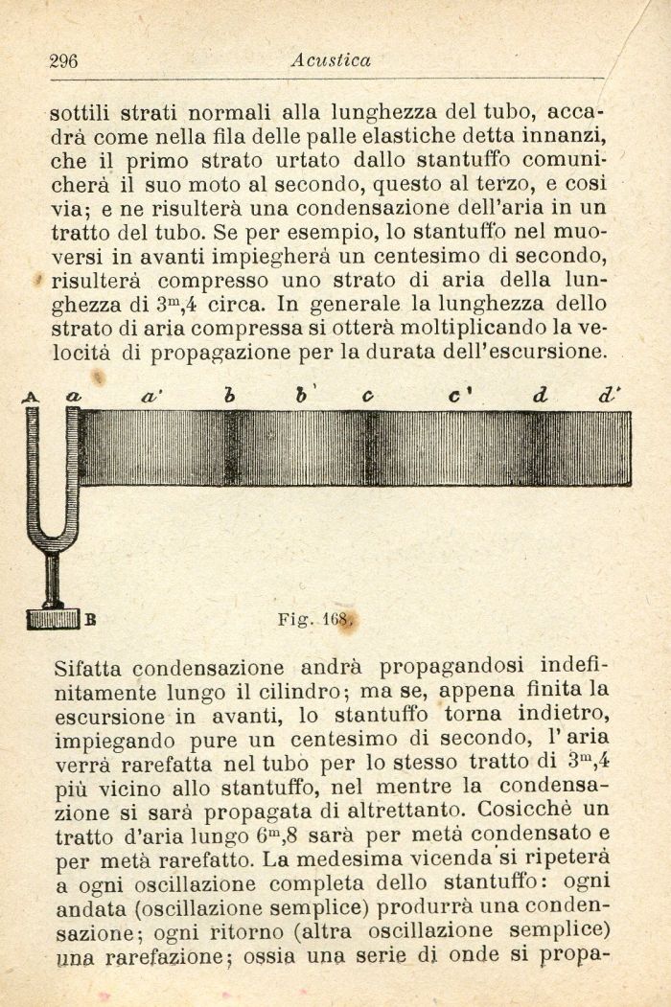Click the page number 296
pyautogui.click(x=63, y=61)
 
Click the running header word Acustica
pyautogui.click(x=331, y=60)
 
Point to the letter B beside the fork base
pyautogui.click(x=90, y=619)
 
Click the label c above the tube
pyautogui.click(x=368, y=395)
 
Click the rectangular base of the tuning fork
pyautogui.click(x=53, y=619)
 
